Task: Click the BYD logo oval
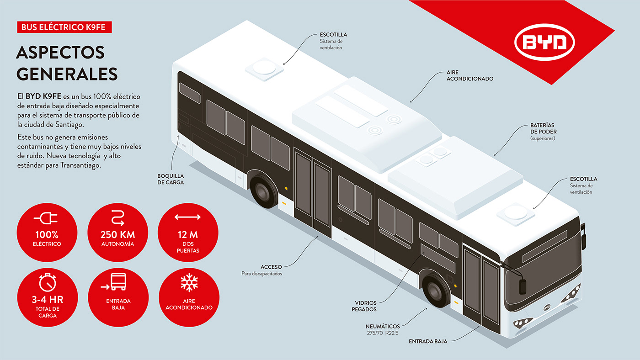(x=544, y=43)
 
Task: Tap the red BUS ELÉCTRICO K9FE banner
(x=64, y=27)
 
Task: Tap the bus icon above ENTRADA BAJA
(x=118, y=282)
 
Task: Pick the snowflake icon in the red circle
(x=189, y=282)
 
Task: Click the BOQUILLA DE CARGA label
(x=171, y=179)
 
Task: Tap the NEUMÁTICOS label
(x=383, y=327)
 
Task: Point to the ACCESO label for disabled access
(x=272, y=267)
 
